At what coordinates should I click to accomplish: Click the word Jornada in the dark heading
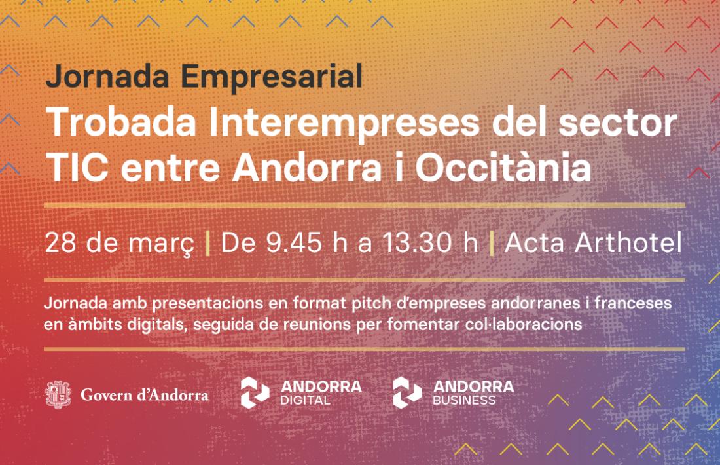coord(107,77)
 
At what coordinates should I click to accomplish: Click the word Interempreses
coord(344,123)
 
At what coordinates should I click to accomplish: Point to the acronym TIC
coord(78,168)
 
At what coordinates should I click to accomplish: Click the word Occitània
coord(503,166)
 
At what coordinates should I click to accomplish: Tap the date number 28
coord(60,242)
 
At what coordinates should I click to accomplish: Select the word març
coord(161,244)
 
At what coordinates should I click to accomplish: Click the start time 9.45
coord(295,242)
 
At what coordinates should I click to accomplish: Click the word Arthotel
coord(628,242)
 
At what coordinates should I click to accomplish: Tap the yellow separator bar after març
coord(208,243)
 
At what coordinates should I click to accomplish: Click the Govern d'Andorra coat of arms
coord(58,395)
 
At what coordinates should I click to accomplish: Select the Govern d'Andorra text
coord(145,395)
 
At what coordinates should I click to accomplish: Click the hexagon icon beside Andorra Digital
coord(255,393)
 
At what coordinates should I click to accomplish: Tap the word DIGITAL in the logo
coord(306,401)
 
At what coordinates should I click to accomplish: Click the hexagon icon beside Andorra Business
coord(407,393)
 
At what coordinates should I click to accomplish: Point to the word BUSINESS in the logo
coord(464,401)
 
